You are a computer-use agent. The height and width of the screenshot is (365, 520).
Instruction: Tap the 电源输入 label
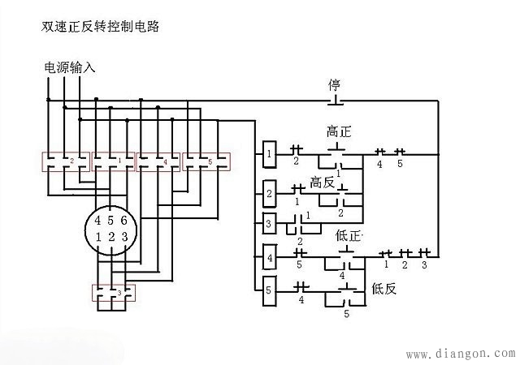tap(70, 68)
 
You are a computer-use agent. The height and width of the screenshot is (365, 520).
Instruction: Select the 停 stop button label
tap(334, 85)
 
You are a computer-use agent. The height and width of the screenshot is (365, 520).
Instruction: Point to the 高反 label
tap(323, 183)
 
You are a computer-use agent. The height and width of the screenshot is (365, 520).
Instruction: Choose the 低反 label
tap(383, 287)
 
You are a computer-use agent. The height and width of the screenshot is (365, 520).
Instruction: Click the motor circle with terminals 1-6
tap(111, 228)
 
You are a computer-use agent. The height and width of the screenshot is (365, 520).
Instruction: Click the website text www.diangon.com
tap(459, 354)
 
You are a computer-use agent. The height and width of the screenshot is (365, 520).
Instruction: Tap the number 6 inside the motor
tap(123, 220)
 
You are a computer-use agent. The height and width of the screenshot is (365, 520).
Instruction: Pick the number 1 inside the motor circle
tap(97, 237)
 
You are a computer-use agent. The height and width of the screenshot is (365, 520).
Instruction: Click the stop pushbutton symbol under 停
tap(334, 101)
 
